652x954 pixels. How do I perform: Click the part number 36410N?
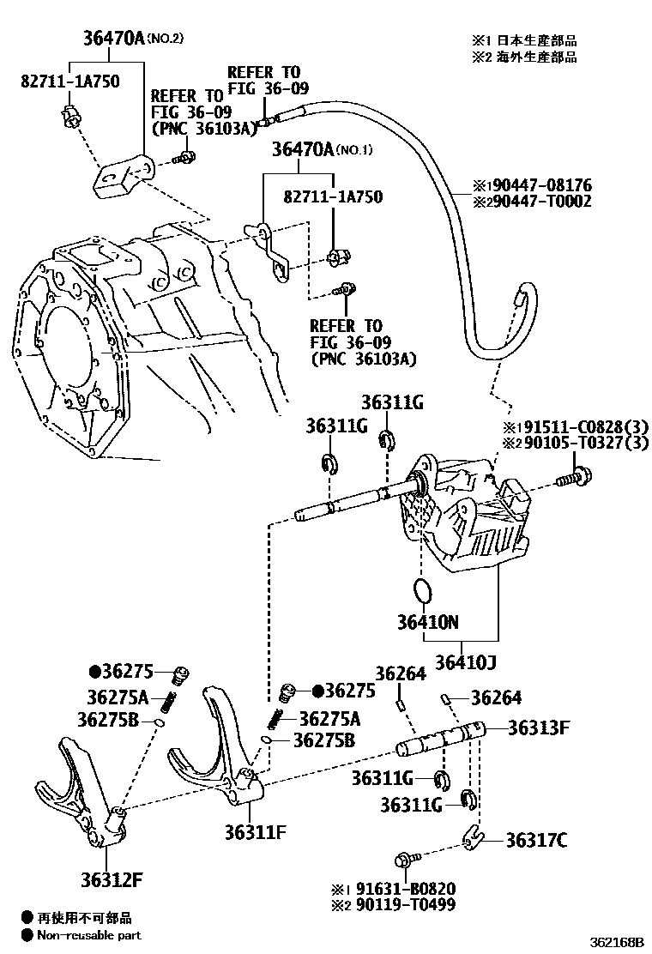426,621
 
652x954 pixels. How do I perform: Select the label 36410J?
466,661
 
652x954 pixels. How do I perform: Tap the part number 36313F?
539,728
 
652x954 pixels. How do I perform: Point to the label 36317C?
536,840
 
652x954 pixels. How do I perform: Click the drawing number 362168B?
616,942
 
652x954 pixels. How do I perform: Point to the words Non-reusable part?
88,935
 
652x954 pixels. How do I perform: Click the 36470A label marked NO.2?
113,39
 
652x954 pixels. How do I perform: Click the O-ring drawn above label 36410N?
421,590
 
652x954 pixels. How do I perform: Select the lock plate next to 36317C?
468,836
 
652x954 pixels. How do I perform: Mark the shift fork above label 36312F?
81,802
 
